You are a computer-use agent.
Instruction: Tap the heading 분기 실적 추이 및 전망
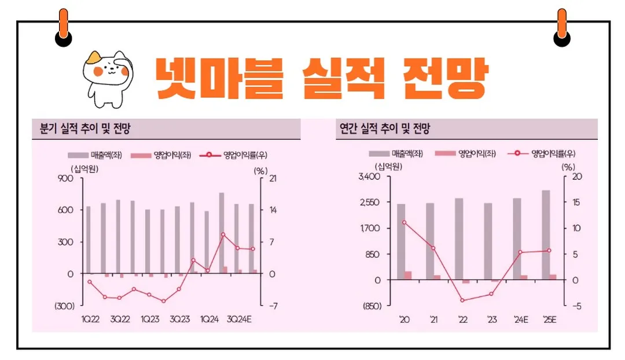[x=81, y=129]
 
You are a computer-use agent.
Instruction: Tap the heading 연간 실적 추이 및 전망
[x=384, y=129]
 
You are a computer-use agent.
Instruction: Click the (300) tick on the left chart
[x=64, y=306]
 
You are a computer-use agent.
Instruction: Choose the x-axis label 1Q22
[x=90, y=319]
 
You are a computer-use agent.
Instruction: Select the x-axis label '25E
[x=549, y=319]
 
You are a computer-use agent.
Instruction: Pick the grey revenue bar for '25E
[x=546, y=234]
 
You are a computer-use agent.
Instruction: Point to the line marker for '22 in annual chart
[x=462, y=300]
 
